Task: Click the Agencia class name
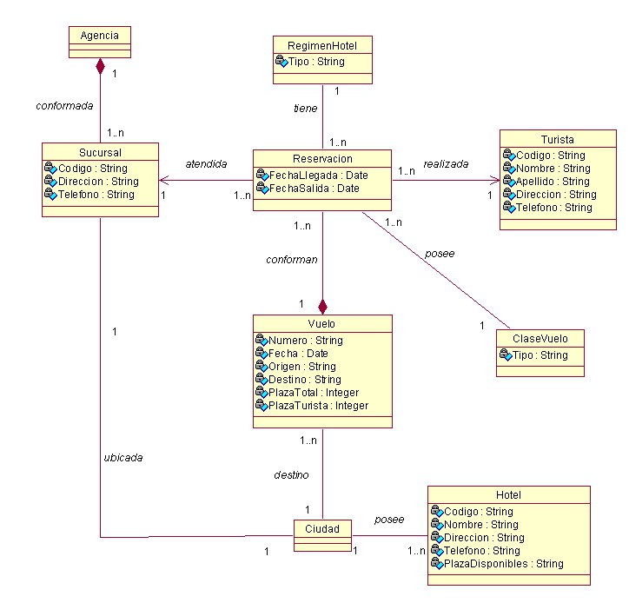pyautogui.click(x=100, y=36)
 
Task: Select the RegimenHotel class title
pyautogui.click(x=321, y=45)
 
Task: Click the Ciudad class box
pyautogui.click(x=321, y=529)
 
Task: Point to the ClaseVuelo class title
pyautogui.click(x=540, y=339)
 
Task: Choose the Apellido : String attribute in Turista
pyautogui.click(x=552, y=182)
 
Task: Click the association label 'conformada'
pyautogui.click(x=63, y=105)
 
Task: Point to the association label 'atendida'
pyautogui.click(x=206, y=163)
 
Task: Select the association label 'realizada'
pyautogui.click(x=446, y=163)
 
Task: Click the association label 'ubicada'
pyautogui.click(x=122, y=457)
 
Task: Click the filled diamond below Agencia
pyautogui.click(x=101, y=66)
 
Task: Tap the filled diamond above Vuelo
pyautogui.click(x=322, y=306)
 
